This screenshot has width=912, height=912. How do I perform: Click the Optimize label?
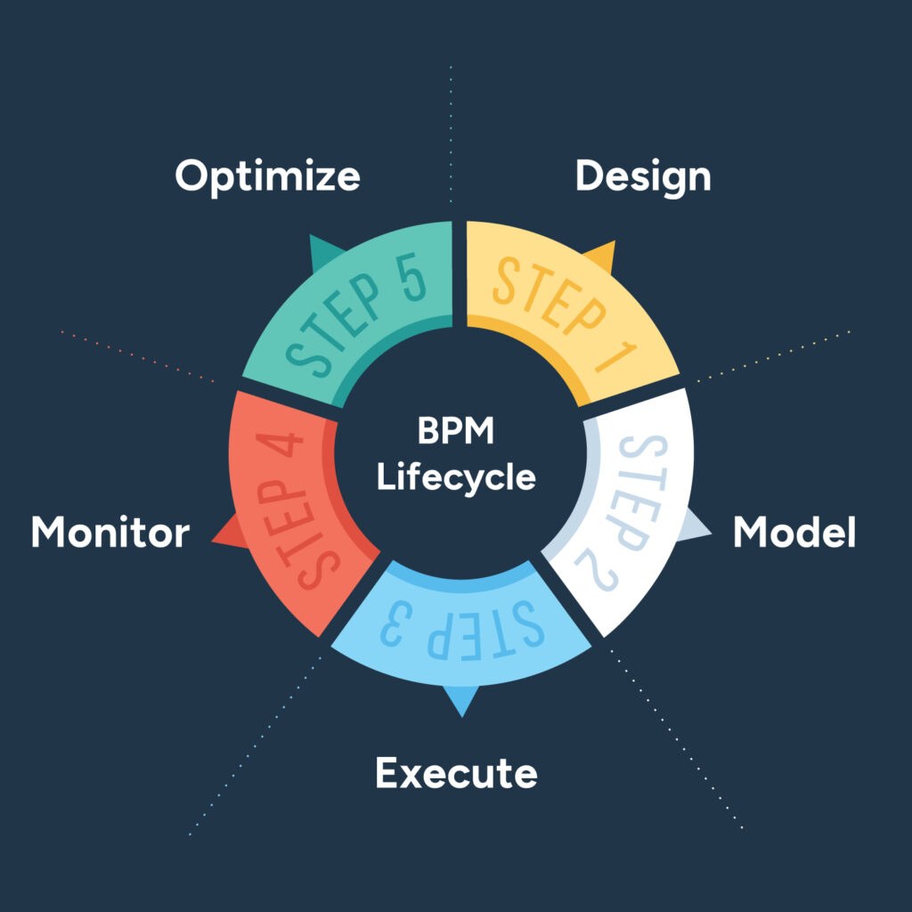point(267,176)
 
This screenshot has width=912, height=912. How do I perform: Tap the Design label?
point(643,176)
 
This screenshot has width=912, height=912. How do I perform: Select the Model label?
point(794,533)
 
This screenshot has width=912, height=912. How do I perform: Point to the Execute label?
point(456,772)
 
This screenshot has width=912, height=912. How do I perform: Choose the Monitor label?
point(110,533)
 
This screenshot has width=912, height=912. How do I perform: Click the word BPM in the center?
point(456,433)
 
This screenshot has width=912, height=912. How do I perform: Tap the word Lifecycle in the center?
point(456,477)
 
